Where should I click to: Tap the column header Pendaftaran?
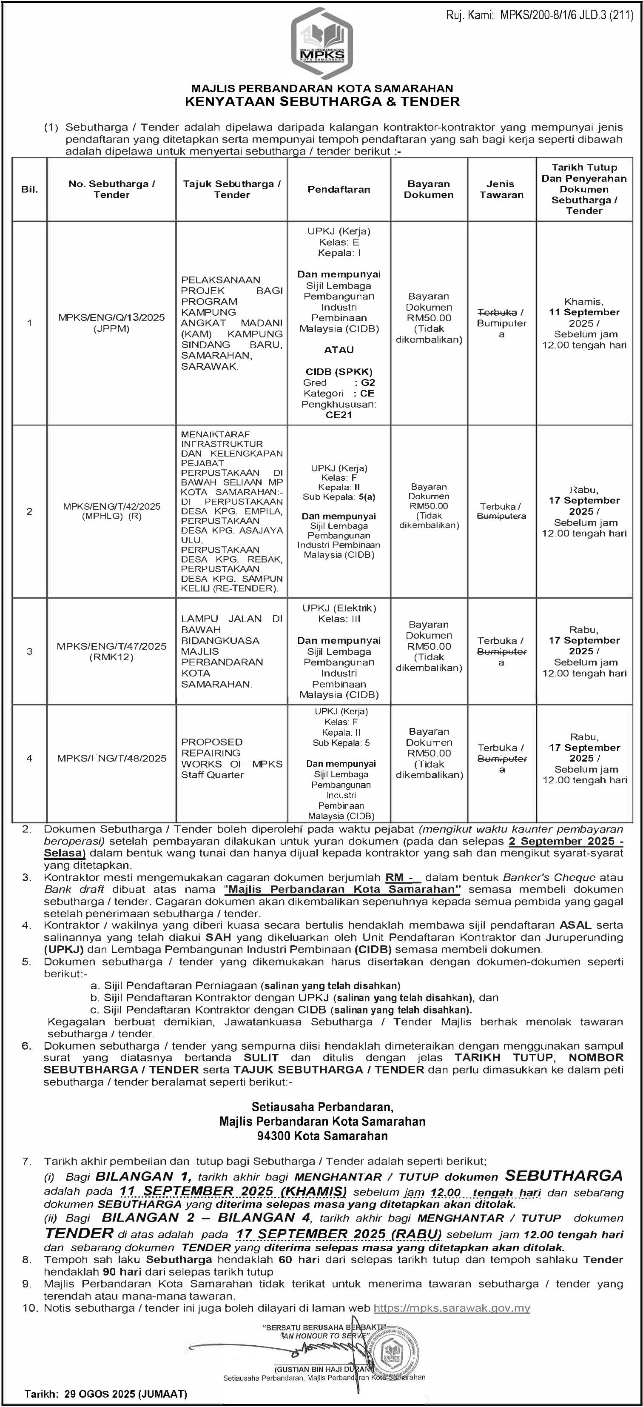click(x=339, y=189)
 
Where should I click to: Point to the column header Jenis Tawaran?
click(x=501, y=189)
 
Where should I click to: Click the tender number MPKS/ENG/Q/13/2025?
click(x=111, y=318)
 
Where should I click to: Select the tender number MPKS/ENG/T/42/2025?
click(x=111, y=506)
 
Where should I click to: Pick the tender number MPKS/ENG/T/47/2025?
click(x=111, y=646)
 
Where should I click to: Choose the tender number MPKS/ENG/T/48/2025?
click(x=111, y=758)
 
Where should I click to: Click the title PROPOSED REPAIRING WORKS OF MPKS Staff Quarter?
click(x=231, y=758)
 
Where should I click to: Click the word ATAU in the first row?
click(x=339, y=350)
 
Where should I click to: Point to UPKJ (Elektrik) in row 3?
click(x=341, y=608)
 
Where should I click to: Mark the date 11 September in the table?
click(x=584, y=312)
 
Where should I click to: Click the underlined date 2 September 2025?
click(x=566, y=841)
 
